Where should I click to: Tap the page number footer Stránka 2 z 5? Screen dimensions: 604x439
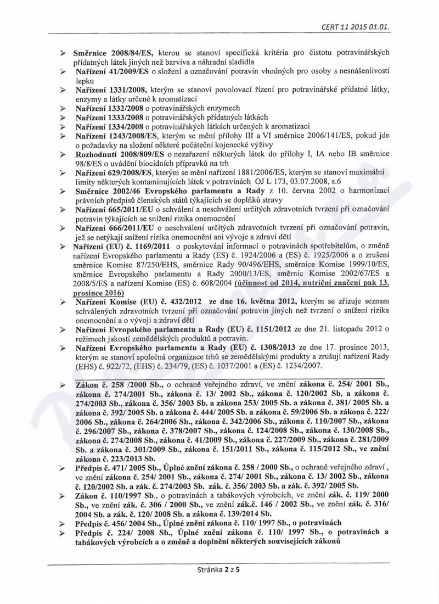coord(220,570)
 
